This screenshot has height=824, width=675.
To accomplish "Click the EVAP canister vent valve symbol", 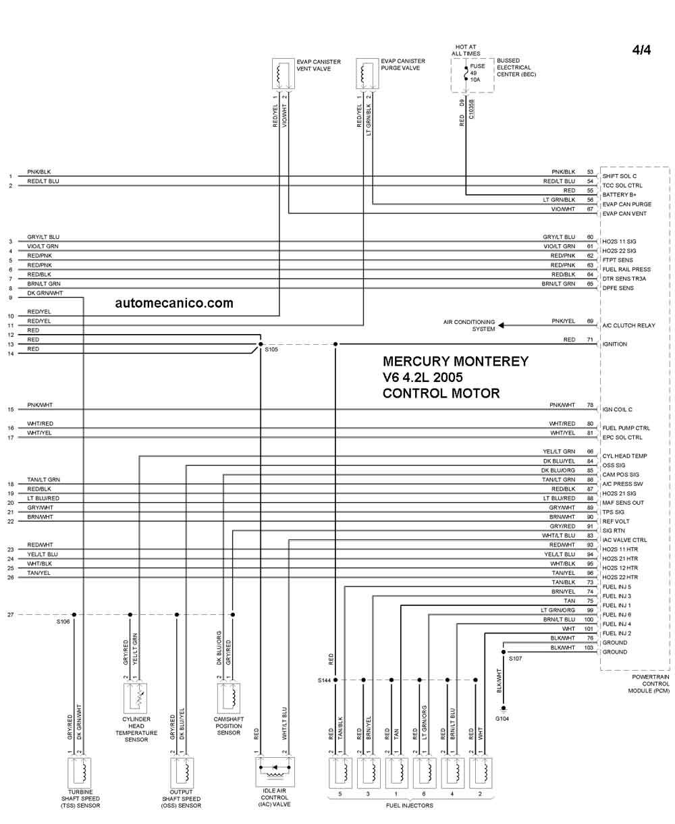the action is click(x=283, y=74).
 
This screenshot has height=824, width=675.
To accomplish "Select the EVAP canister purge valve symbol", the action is click(x=367, y=74).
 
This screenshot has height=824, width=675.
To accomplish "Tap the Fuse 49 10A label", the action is click(x=477, y=73).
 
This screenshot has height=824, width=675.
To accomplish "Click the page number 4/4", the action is click(x=641, y=50).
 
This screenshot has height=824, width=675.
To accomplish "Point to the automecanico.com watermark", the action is click(x=174, y=303).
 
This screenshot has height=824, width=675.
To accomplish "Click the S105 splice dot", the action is click(x=261, y=344).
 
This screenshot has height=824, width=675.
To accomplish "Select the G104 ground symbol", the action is click(x=504, y=709).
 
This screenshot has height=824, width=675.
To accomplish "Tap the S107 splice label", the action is click(x=515, y=659).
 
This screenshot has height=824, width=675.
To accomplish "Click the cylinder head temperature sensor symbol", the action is click(x=135, y=698).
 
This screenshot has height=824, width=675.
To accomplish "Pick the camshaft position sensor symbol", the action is click(x=229, y=698).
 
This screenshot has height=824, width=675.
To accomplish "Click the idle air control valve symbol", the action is click(x=275, y=772).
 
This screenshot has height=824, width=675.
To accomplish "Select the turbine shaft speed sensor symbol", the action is click(x=80, y=773).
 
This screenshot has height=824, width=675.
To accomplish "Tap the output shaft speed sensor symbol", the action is click(x=182, y=773).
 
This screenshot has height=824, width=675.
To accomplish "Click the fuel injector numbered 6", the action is click(x=425, y=773).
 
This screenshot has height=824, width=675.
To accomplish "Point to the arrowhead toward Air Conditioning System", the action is click(x=501, y=325).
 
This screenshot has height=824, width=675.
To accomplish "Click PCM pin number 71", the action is click(x=590, y=339).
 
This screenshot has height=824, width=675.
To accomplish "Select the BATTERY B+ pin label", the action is click(x=619, y=195).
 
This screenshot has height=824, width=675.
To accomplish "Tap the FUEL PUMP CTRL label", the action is click(x=626, y=429).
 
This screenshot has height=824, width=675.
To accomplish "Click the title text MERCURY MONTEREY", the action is click(x=456, y=362).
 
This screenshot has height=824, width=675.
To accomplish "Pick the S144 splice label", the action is click(x=324, y=681).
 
